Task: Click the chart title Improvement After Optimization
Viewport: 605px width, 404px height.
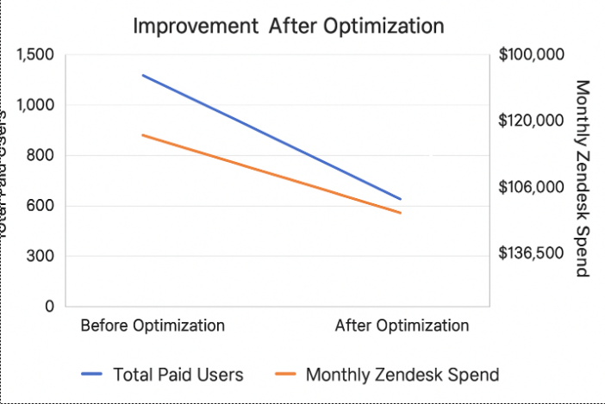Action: [x=288, y=26]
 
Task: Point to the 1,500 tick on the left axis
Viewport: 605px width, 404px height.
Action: [x=34, y=54]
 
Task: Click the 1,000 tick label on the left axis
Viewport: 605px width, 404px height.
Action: [x=34, y=105]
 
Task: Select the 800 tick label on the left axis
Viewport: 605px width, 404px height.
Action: [x=41, y=155]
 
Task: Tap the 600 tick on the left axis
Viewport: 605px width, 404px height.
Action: [x=41, y=206]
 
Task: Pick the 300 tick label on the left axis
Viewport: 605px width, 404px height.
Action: [x=41, y=256]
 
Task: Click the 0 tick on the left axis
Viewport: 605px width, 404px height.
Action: [x=48, y=306]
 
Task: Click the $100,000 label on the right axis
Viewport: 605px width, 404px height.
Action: [x=531, y=54]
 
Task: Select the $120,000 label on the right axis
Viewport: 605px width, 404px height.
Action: [x=531, y=121]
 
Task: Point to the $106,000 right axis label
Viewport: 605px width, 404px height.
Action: [x=531, y=187]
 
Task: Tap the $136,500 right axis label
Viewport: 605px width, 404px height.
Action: [x=531, y=253]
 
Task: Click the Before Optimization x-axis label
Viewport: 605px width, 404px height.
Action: [x=153, y=326]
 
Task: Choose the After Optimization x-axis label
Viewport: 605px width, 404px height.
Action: [x=402, y=326]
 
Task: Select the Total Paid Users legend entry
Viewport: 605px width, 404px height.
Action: [x=163, y=375]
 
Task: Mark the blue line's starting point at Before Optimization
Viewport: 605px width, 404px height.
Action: [x=143, y=76]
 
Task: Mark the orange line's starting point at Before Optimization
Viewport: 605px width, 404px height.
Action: [x=143, y=135]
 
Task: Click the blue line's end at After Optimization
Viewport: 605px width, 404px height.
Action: [x=401, y=199]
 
